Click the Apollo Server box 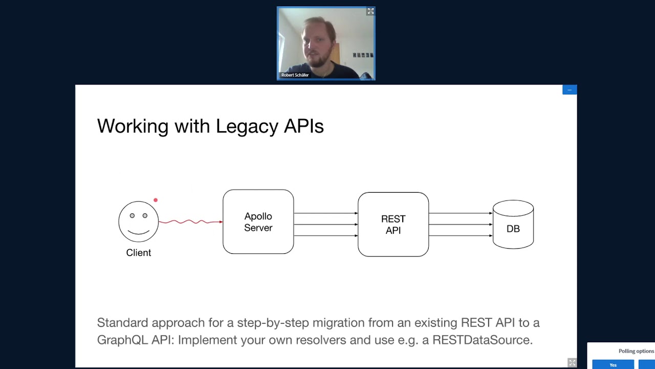[258, 222]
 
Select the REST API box [394, 224]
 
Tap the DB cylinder [513, 224]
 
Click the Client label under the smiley [139, 253]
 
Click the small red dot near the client [156, 200]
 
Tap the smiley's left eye [132, 216]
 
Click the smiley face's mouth [139, 233]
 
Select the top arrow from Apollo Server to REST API [326, 213]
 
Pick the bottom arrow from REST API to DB [461, 235]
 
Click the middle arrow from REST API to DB [461, 224]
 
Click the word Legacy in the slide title [247, 127]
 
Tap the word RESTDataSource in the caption [483, 340]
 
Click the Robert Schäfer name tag [295, 75]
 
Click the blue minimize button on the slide [570, 90]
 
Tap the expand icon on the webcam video [370, 11]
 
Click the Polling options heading [636, 351]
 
